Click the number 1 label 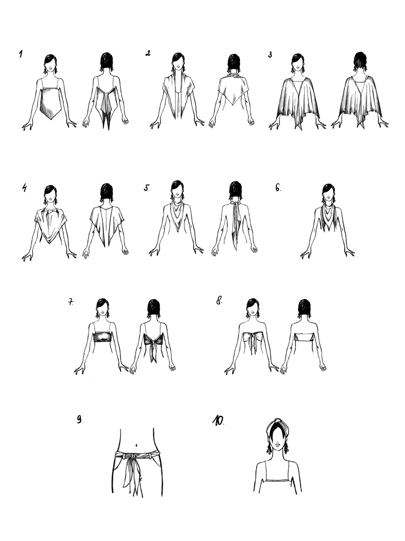tap(21, 54)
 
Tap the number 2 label tap(148, 53)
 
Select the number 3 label tap(270, 55)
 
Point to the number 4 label tap(24, 188)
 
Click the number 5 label tap(147, 188)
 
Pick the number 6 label tap(278, 188)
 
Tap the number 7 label tap(70, 302)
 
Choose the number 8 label tap(219, 301)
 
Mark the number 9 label tap(80, 419)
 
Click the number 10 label tap(218, 420)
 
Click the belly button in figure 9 tap(137, 444)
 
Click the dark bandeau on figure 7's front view tap(102, 336)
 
